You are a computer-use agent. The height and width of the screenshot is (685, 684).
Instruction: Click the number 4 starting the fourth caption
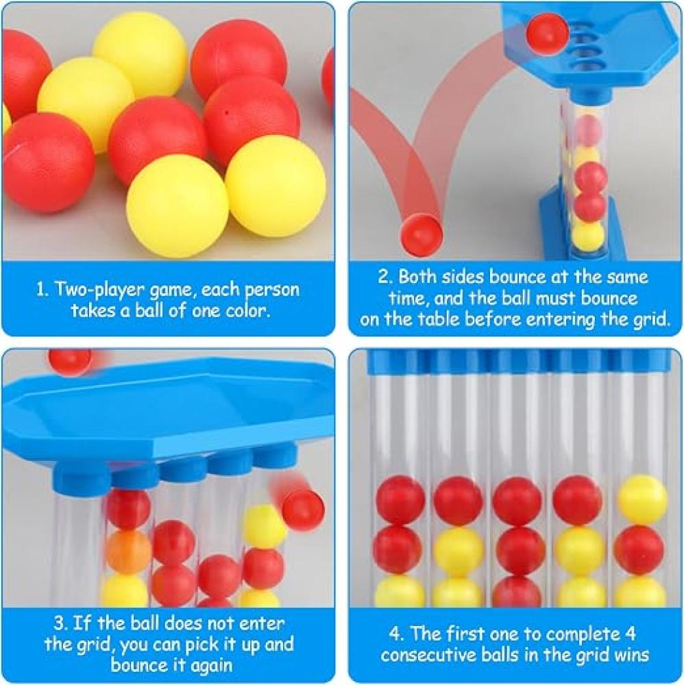tap(396, 634)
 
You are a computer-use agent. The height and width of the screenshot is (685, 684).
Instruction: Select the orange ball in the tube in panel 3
tap(128, 551)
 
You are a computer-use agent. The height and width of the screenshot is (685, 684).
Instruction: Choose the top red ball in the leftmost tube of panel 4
tap(400, 500)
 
